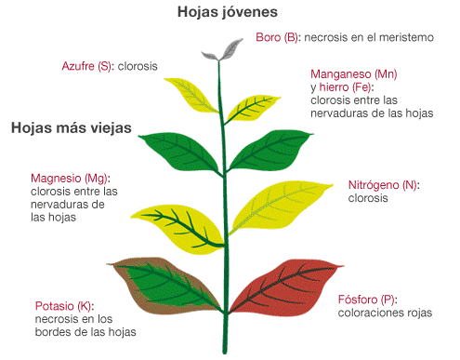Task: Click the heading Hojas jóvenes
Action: (228, 12)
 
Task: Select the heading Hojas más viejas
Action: (71, 127)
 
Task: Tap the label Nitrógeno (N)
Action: (383, 185)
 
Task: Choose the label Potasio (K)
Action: (64, 306)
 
